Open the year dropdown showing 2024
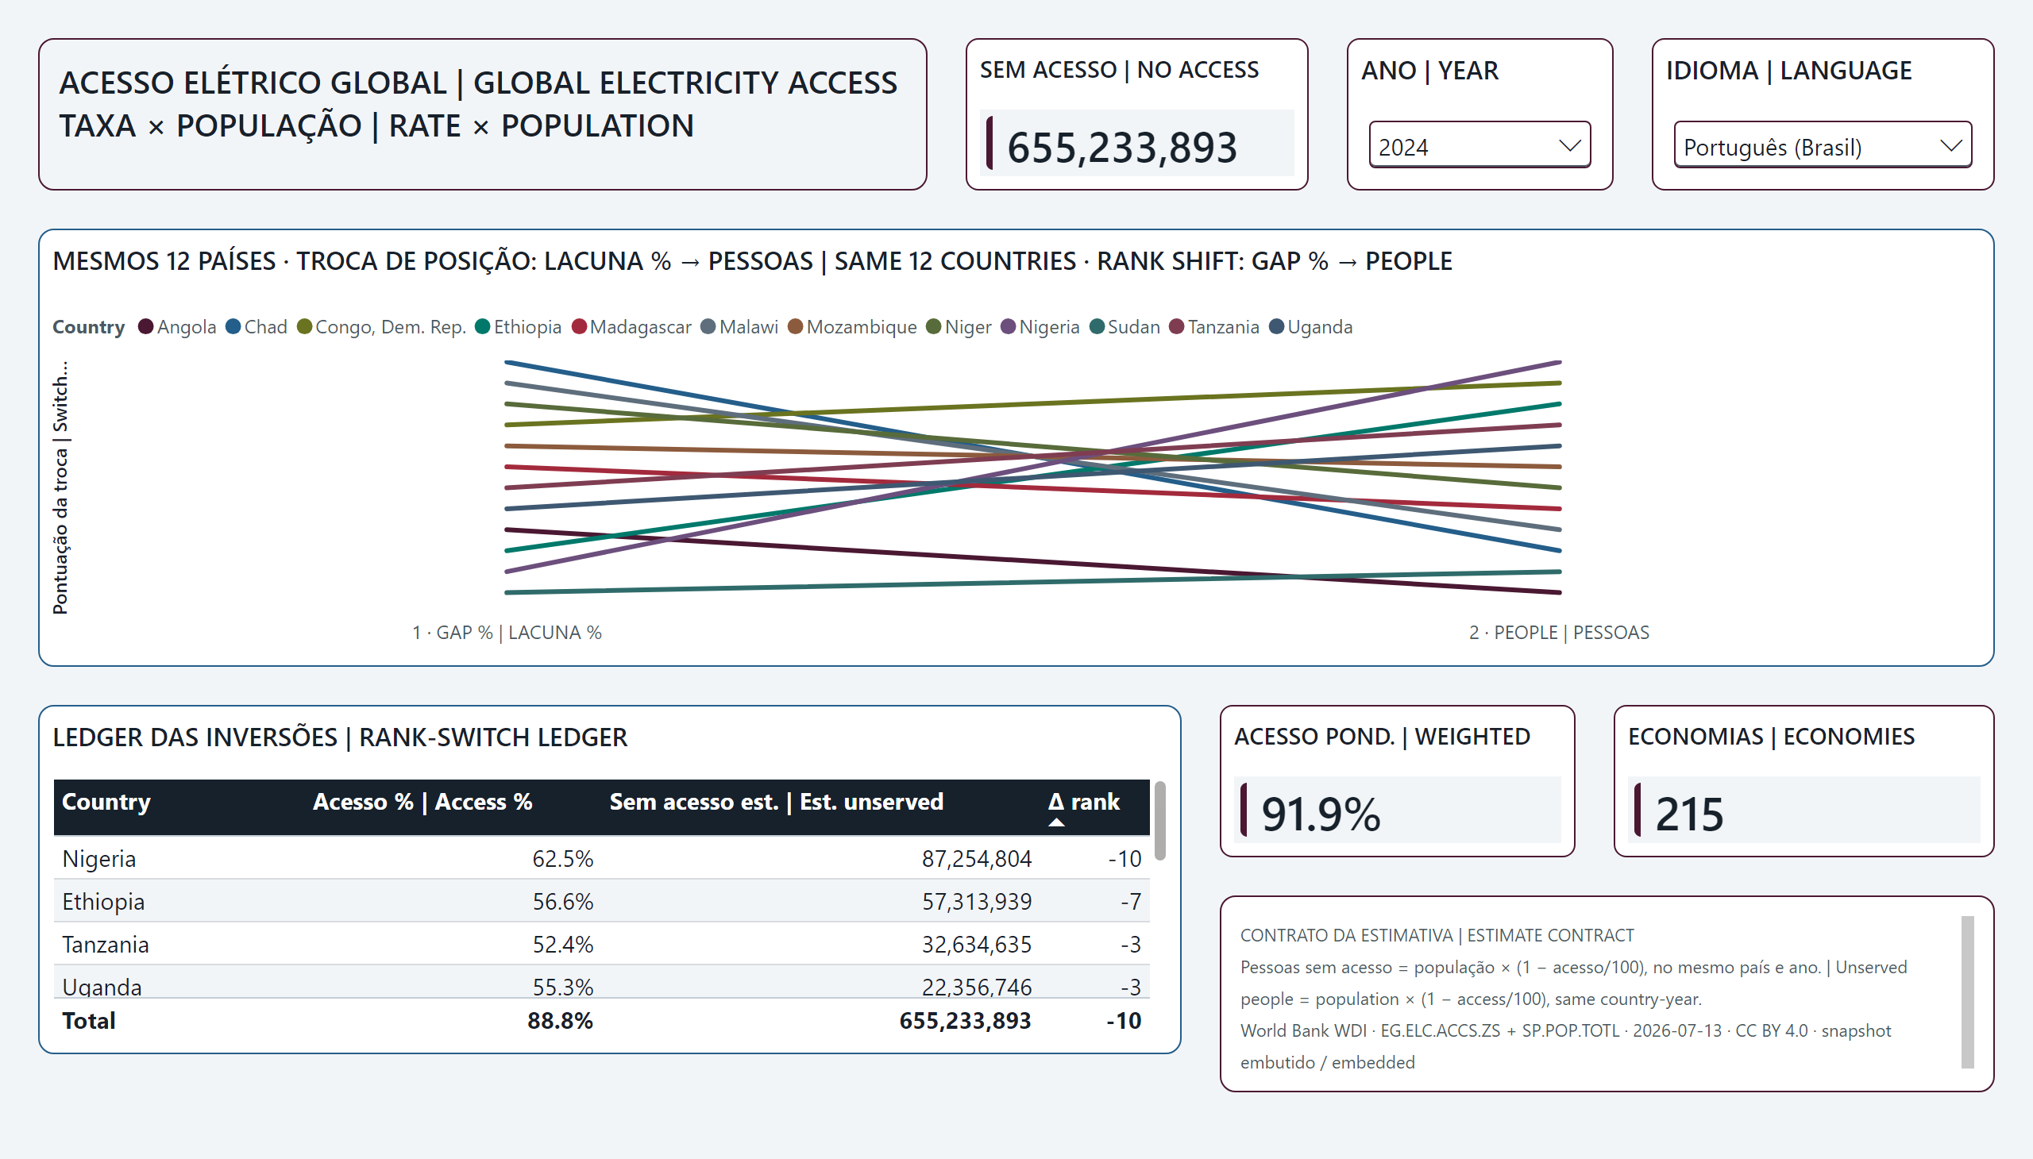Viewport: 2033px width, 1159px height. point(1479,144)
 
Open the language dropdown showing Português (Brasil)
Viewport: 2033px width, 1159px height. point(1822,144)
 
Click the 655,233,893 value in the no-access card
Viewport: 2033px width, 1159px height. point(1122,148)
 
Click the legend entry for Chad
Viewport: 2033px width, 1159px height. point(257,327)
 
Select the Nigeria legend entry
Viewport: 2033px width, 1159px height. point(1040,327)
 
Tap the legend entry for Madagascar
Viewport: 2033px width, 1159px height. point(631,327)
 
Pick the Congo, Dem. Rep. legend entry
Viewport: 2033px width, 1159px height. point(381,327)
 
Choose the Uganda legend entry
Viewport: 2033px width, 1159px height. point(1311,327)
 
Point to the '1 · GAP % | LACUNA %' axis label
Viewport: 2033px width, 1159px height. point(507,633)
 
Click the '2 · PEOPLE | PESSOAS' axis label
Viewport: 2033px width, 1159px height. point(1559,633)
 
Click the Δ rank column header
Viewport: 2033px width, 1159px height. point(1084,802)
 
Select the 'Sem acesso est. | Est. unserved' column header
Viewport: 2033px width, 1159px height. point(777,802)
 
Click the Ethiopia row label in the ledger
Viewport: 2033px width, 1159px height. point(103,902)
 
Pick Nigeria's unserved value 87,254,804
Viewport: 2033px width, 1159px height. point(976,859)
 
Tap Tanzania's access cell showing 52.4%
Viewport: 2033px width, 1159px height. point(563,945)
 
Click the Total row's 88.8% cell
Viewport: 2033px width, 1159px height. point(560,1021)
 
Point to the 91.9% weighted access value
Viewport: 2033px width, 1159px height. point(1321,814)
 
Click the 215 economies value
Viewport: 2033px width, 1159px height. point(1689,814)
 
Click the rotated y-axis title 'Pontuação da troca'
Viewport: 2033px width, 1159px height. point(60,531)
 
